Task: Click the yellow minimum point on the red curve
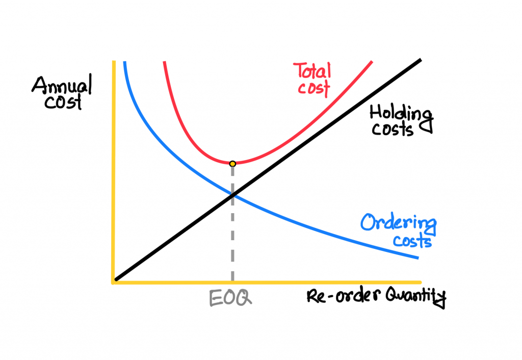232,164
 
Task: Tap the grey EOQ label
230,298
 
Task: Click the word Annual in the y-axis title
62,86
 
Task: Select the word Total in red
312,71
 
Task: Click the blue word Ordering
399,223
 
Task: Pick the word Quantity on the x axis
416,296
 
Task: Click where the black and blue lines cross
233,195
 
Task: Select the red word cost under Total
314,88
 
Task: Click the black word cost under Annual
63,101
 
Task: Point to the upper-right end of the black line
421,60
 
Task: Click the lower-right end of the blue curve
418,258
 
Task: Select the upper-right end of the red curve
372,62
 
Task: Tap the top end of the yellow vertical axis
114,61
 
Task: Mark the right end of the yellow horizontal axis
421,282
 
